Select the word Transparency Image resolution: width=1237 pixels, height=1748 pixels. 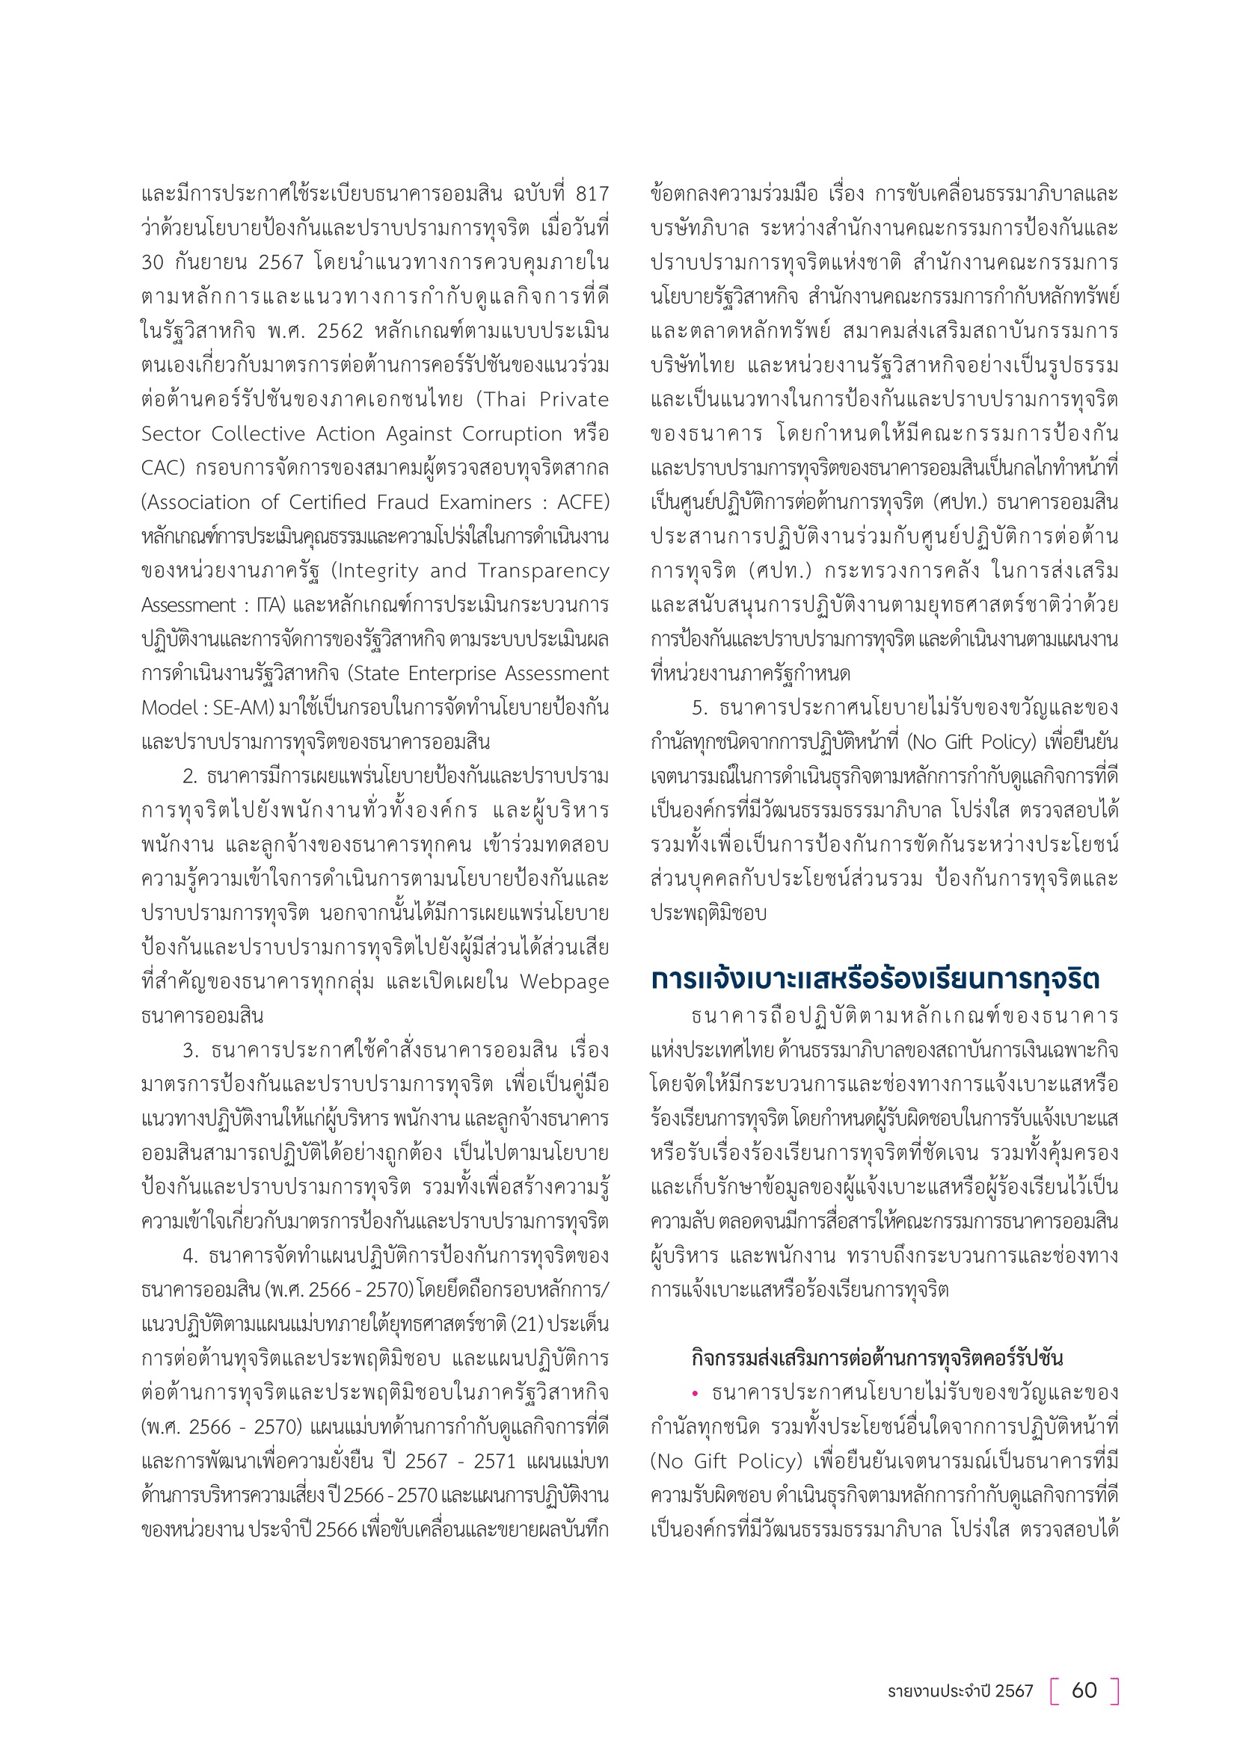tap(543, 571)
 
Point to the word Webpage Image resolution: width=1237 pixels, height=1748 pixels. tap(564, 982)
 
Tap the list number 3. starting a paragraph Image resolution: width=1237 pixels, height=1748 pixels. tap(191, 1051)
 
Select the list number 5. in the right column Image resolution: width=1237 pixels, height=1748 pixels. tap(700, 708)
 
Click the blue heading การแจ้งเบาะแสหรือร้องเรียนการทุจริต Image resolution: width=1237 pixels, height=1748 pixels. tap(875, 979)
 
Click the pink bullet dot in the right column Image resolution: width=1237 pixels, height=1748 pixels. tap(695, 1393)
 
